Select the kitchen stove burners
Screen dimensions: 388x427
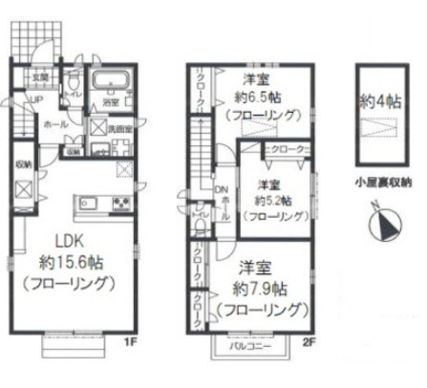[x=122, y=203]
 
